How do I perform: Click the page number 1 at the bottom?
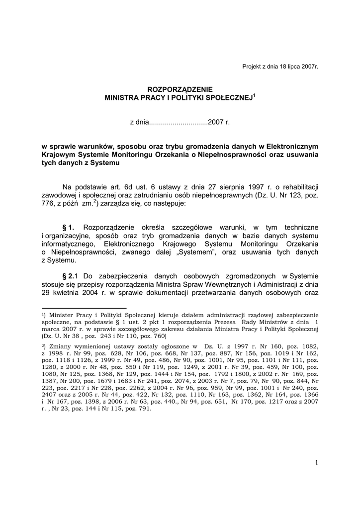coord(316,463)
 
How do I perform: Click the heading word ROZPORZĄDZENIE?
coord(180,89)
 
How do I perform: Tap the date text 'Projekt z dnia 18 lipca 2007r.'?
coord(280,67)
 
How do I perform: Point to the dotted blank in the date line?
coord(179,122)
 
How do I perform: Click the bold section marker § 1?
coord(68,227)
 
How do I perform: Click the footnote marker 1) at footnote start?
coord(44,315)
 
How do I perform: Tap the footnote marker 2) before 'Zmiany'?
coord(44,346)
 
